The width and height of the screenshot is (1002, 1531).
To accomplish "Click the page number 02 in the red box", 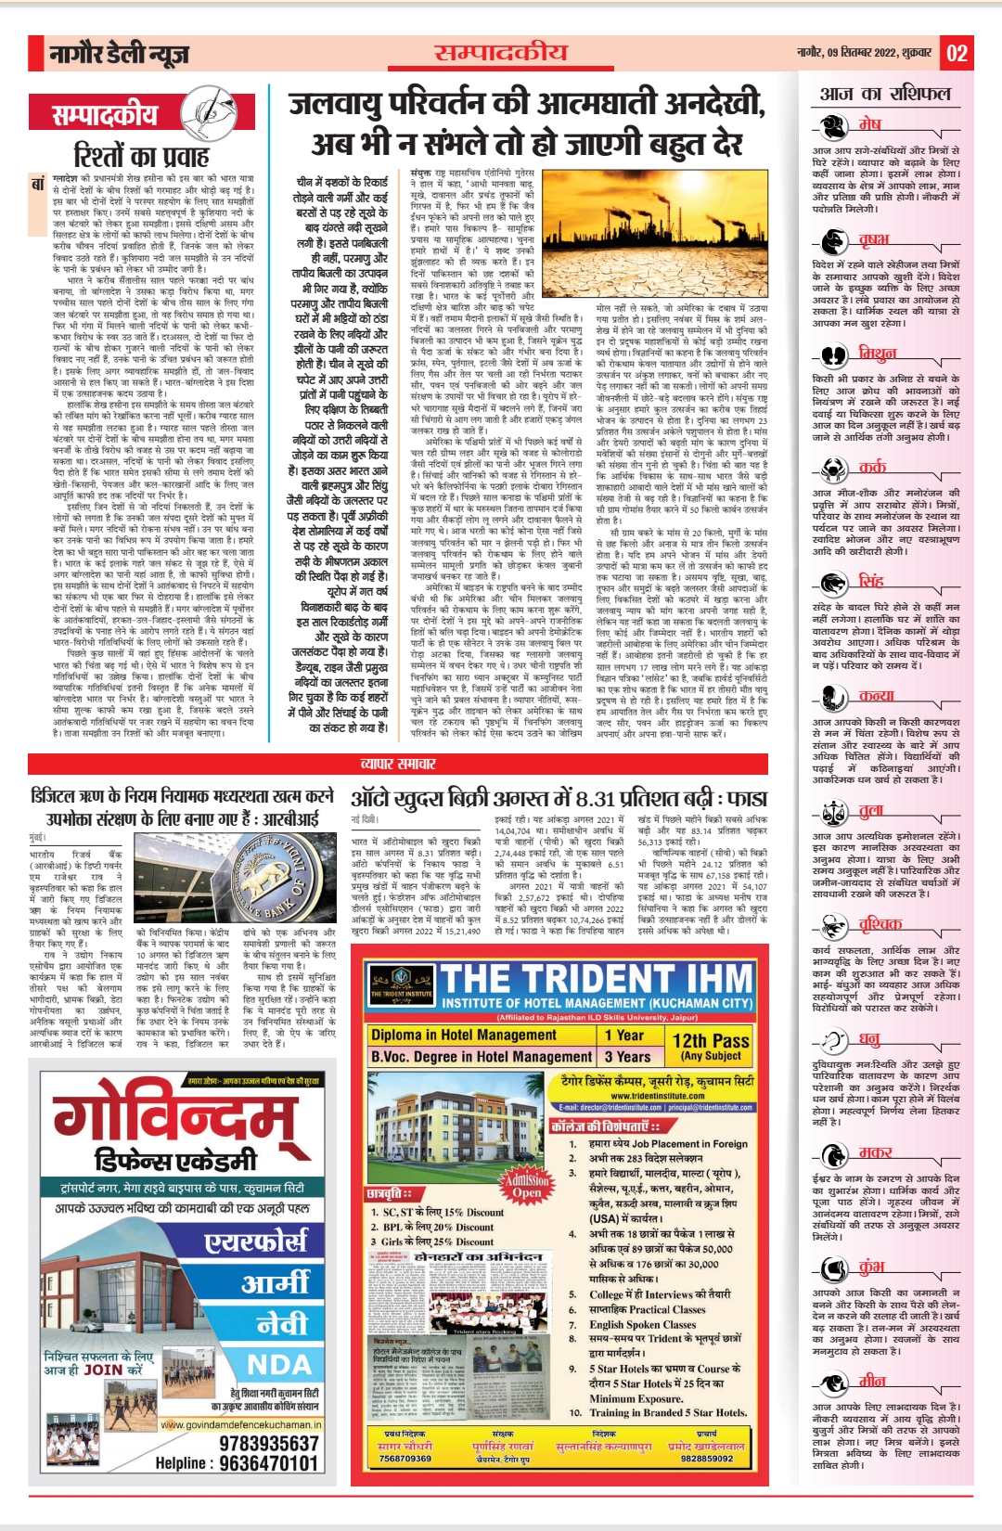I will click(957, 53).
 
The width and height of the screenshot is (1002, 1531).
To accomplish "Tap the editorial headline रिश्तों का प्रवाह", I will click(141, 155).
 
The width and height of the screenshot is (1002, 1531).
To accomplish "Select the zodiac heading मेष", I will click(869, 123).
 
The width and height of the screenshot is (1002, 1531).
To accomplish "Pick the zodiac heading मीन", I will click(872, 1380).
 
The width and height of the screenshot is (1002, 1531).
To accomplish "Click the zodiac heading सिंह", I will click(871, 581).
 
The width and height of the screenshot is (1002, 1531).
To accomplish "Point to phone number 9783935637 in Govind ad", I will click(269, 1444).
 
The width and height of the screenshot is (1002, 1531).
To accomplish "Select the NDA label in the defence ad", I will click(279, 1364).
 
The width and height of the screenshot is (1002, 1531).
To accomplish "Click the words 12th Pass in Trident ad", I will click(711, 1041).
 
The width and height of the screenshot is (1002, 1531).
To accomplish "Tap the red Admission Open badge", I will click(526, 1185).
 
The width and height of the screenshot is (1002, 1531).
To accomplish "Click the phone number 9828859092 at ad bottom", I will click(706, 1458).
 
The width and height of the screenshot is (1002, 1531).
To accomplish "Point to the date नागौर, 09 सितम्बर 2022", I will click(864, 53).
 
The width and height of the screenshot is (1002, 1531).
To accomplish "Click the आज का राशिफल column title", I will click(885, 94).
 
